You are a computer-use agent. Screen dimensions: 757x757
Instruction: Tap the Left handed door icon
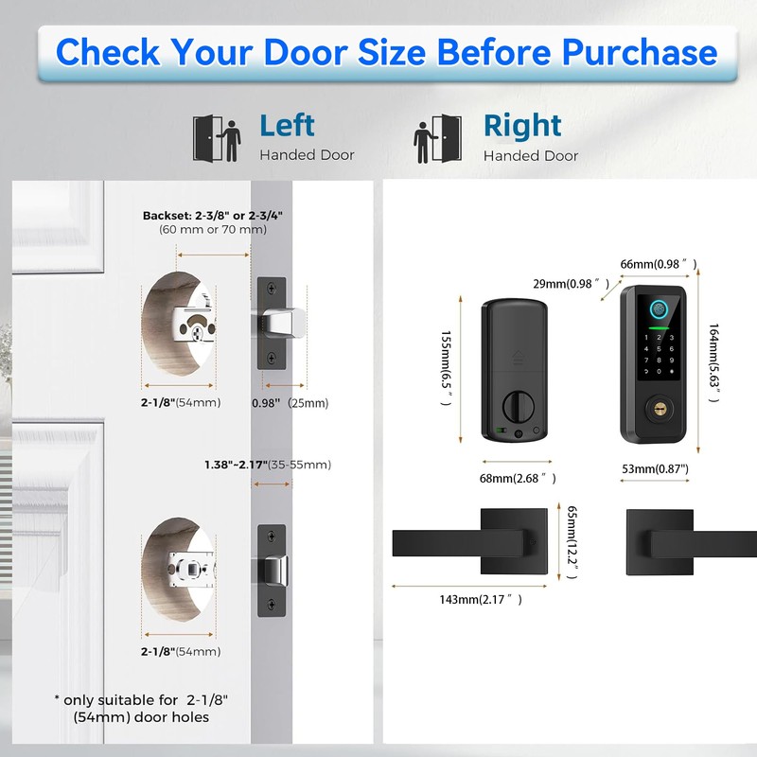pos(216,138)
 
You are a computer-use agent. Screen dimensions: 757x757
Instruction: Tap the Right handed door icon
pos(438,138)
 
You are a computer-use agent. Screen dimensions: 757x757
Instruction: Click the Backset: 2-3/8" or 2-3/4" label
pos(213,216)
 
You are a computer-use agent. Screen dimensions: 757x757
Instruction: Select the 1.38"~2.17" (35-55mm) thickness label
pos(268,465)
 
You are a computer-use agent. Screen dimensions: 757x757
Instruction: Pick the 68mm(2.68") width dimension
pos(518,478)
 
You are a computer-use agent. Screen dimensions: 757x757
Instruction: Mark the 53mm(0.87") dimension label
pos(655,468)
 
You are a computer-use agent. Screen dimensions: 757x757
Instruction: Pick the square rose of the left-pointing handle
pos(512,541)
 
